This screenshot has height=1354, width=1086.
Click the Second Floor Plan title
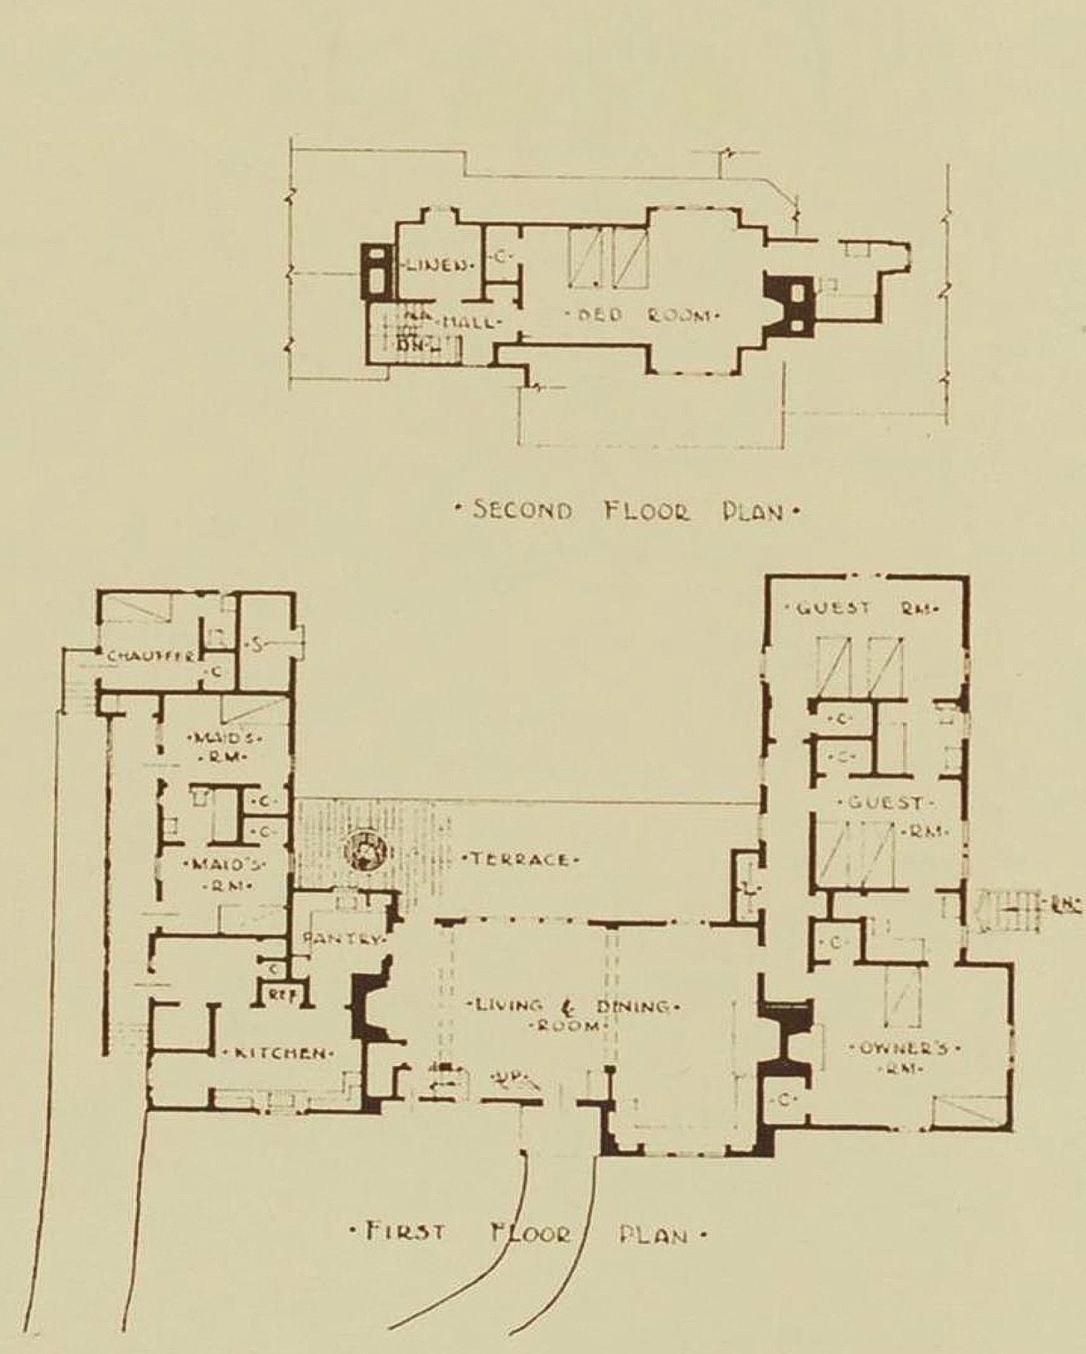626,511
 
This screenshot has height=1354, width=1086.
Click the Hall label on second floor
469,323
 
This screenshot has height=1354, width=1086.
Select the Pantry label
343,940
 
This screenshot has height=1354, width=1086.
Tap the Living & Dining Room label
575,1015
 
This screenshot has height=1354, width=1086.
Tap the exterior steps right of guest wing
1007,910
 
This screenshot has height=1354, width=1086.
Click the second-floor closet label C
500,257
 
